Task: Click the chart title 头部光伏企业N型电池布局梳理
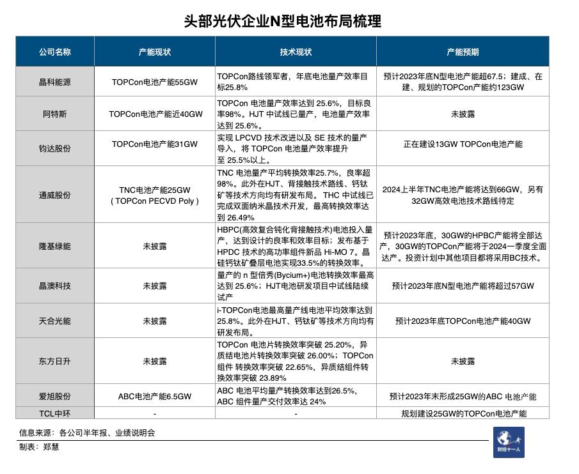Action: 282,21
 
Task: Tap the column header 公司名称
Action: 54,52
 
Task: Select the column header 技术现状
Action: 296,52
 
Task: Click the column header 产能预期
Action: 462,52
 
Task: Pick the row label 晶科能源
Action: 54,82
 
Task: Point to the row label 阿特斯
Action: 54,114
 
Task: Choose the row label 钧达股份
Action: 54,148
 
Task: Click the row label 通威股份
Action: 54,195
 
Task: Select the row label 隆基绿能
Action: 54,246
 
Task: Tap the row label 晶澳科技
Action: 54,286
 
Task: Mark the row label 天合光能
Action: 54,321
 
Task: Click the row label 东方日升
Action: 54,361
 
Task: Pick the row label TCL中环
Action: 54,413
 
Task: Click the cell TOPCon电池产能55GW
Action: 155,82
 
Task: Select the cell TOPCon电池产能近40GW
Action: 155,114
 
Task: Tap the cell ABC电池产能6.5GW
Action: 155,396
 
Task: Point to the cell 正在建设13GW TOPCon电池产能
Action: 463,144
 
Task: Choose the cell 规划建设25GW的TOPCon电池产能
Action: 463,413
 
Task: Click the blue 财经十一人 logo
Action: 509,442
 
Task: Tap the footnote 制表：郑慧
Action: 39,447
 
